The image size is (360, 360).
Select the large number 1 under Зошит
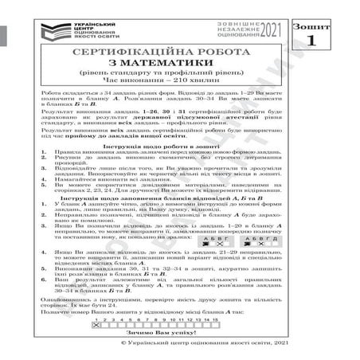pyautogui.click(x=330, y=37)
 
